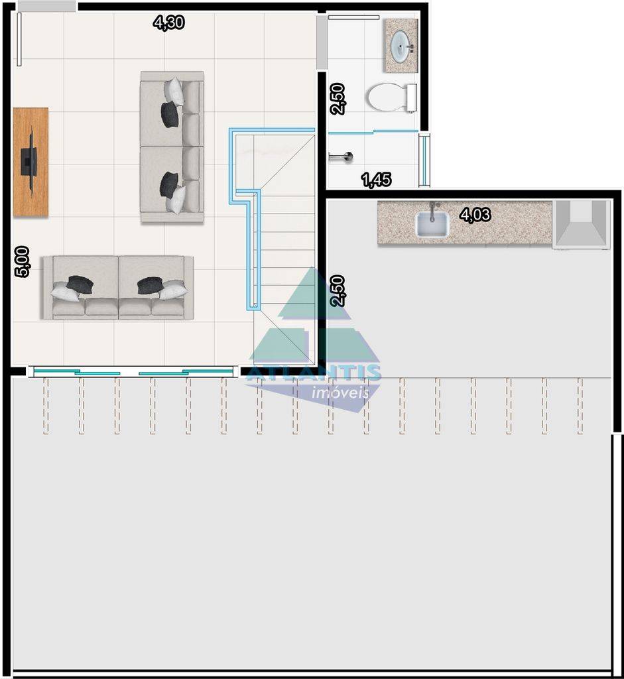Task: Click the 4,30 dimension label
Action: point(169,22)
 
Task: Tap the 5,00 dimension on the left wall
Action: point(22,261)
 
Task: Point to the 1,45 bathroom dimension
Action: point(376,180)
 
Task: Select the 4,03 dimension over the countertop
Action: point(475,214)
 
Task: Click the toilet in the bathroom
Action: point(391,97)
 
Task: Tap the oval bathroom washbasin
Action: point(401,45)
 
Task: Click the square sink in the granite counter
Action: point(432,224)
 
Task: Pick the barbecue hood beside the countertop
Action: point(581,224)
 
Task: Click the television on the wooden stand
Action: point(29,161)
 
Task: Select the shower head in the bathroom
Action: point(342,156)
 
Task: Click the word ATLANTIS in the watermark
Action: point(314,373)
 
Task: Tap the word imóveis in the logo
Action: point(340,393)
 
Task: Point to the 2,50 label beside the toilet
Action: point(338,99)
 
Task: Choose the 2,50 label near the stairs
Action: point(338,291)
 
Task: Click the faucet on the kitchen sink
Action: point(432,212)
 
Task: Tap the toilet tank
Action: point(412,97)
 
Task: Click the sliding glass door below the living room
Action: point(133,371)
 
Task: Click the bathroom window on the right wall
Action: point(425,160)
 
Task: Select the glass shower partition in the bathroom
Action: point(373,132)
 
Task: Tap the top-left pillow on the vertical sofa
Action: point(174,90)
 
